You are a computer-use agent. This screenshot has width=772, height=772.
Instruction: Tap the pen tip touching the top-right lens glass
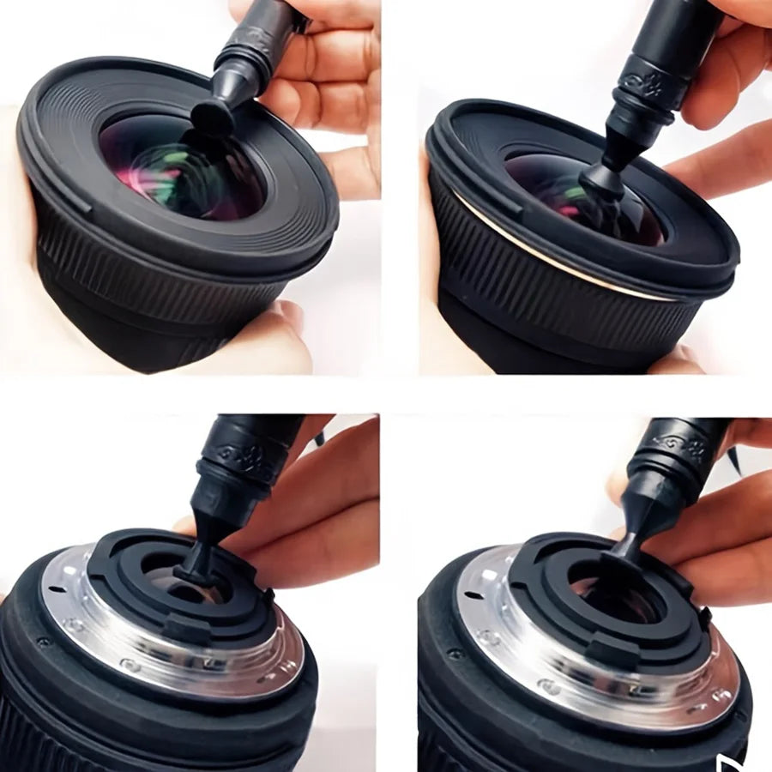pyautogui.click(x=600, y=180)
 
